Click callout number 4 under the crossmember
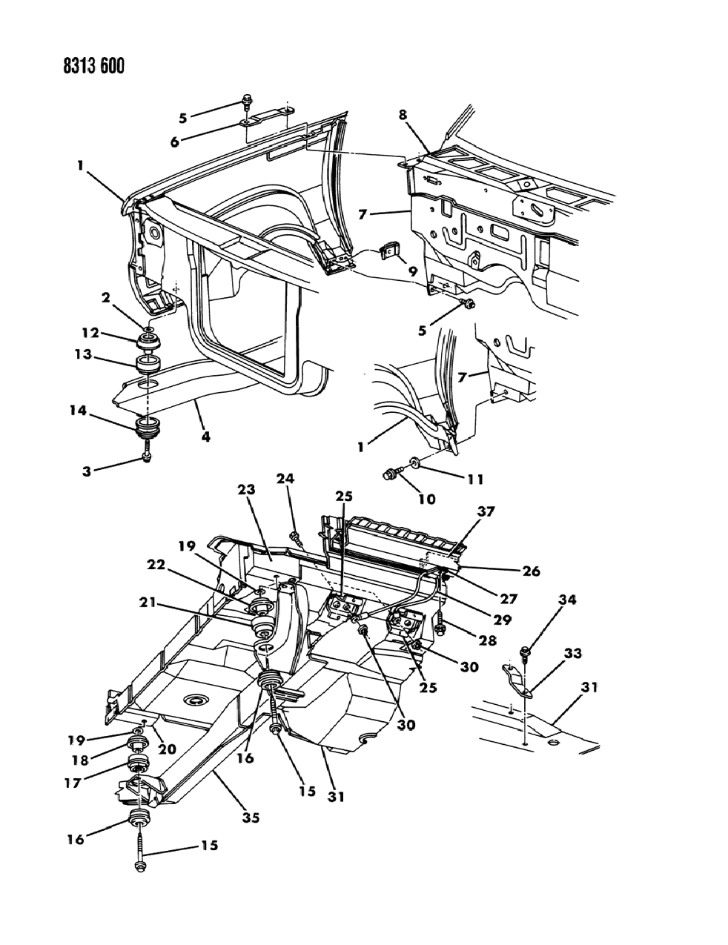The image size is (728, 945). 205,437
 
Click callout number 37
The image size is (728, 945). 486,511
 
